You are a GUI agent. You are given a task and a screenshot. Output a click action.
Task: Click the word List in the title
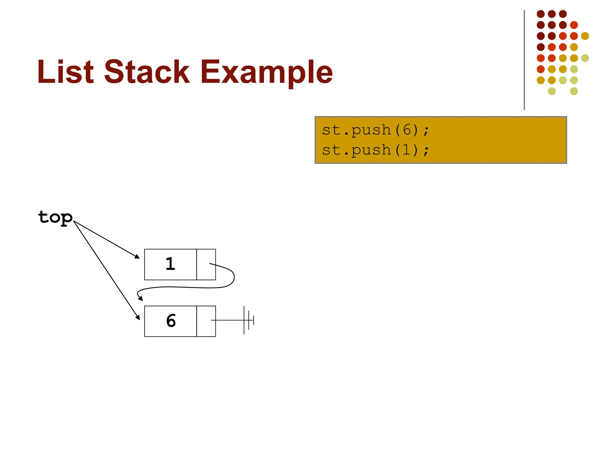[65, 72]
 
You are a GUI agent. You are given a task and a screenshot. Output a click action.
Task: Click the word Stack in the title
[147, 72]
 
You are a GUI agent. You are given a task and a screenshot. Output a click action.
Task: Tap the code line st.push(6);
[375, 130]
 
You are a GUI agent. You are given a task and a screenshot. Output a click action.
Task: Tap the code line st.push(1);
[375, 150]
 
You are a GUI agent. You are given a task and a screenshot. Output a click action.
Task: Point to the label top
[55, 217]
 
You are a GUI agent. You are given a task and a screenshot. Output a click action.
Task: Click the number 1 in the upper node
[170, 264]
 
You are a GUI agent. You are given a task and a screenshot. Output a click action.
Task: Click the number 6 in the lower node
[171, 321]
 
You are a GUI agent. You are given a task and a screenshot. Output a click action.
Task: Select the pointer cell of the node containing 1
[206, 264]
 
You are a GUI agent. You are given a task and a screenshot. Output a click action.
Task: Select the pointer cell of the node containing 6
[206, 321]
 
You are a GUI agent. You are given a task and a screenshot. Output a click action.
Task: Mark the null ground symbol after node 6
[248, 320]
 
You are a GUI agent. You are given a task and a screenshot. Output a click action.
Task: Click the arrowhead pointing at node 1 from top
[138, 257]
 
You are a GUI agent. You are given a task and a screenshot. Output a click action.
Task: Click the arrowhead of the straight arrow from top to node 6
[138, 317]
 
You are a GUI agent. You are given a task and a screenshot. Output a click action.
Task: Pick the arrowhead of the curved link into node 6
[141, 299]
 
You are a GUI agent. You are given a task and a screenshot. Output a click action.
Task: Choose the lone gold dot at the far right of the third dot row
[585, 36]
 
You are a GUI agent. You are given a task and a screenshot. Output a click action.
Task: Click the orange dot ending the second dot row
[574, 25]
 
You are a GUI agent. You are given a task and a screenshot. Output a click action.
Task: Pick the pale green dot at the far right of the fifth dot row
[585, 58]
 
